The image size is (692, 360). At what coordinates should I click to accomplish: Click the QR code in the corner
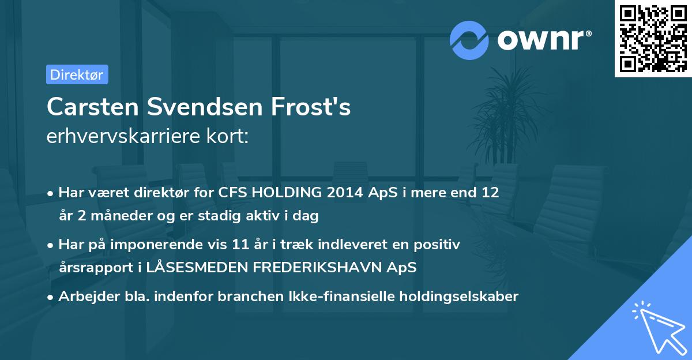(653, 39)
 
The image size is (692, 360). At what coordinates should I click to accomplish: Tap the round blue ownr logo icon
(469, 40)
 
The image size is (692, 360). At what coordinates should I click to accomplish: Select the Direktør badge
(77, 74)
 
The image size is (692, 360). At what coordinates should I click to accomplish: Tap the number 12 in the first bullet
(491, 193)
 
